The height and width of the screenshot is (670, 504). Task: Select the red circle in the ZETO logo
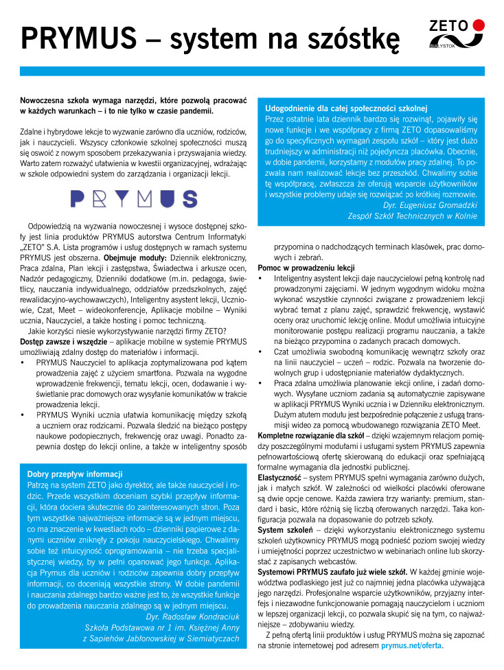(x=479, y=25)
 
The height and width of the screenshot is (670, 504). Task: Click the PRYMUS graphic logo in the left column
(x=134, y=198)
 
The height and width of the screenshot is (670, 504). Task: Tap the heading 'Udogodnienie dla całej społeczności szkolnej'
(x=347, y=108)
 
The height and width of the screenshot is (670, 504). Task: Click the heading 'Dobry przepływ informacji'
(x=75, y=474)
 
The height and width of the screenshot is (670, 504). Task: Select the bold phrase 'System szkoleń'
(x=285, y=530)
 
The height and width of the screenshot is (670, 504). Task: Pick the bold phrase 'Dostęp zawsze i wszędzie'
(x=65, y=341)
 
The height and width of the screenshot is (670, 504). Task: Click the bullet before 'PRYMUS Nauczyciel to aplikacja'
(x=23, y=361)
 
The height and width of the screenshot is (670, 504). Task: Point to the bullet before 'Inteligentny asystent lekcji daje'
(x=261, y=278)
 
